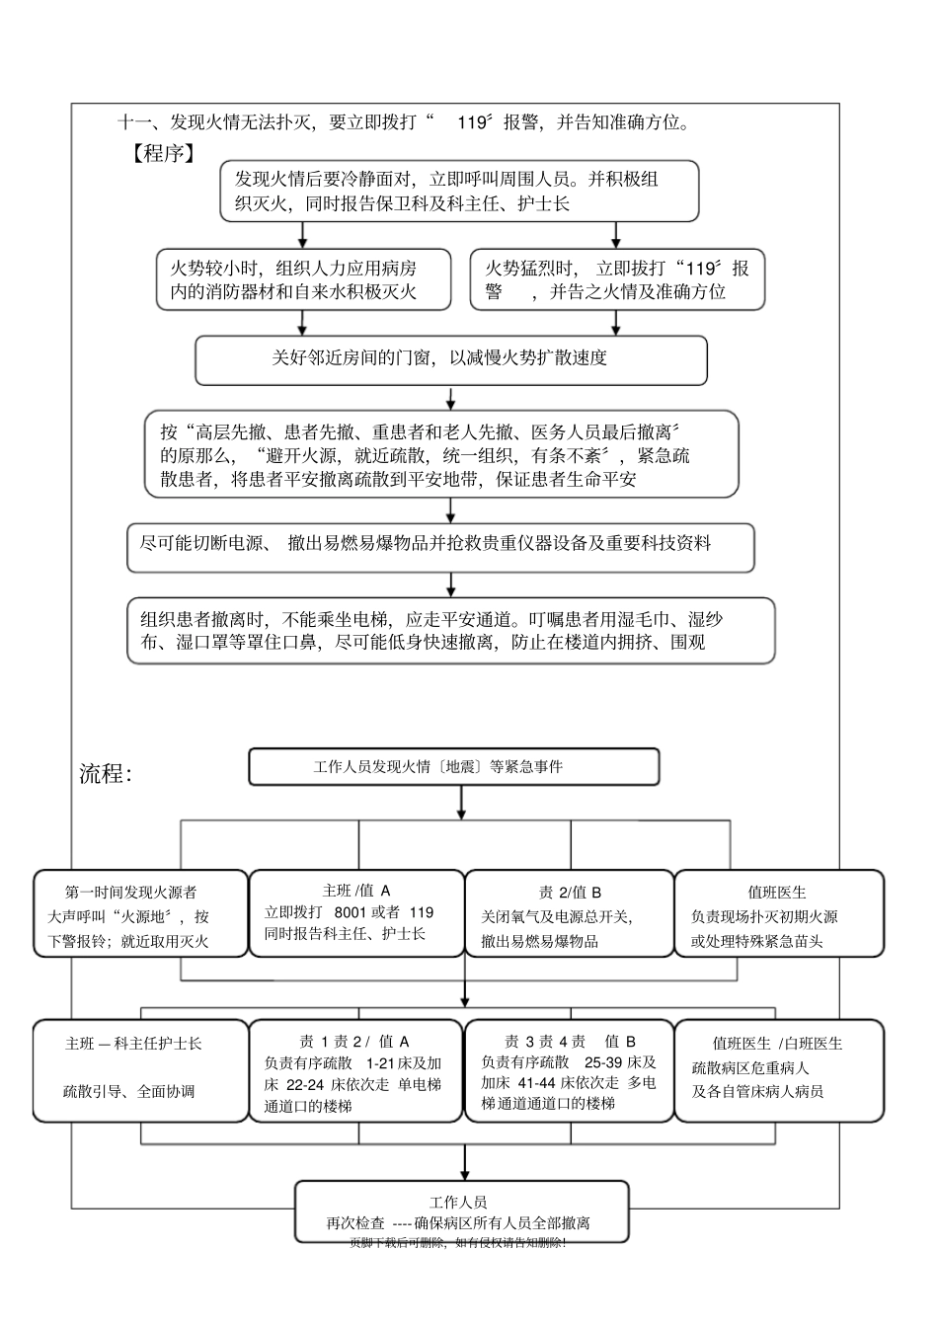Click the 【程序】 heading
click(x=158, y=153)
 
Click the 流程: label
click(x=106, y=774)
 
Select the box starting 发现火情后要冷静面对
click(x=460, y=192)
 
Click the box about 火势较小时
click(x=303, y=279)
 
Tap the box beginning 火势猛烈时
click(x=617, y=279)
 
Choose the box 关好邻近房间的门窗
click(x=451, y=359)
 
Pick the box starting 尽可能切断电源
click(x=440, y=547)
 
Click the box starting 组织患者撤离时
click(x=451, y=630)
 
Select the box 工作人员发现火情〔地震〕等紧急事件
click(x=453, y=766)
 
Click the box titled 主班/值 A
click(x=356, y=912)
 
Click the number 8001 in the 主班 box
click(x=353, y=912)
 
